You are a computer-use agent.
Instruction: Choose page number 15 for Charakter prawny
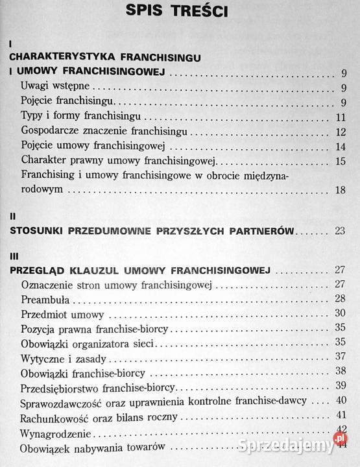click(343, 160)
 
